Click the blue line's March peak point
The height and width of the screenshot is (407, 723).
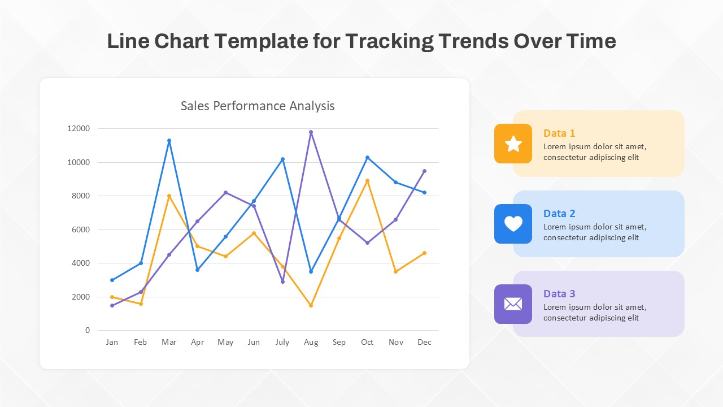click(169, 140)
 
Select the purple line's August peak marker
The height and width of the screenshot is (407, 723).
click(311, 132)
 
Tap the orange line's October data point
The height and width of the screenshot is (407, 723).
click(367, 181)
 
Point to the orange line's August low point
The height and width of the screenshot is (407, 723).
click(311, 305)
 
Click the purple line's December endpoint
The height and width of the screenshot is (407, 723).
click(424, 171)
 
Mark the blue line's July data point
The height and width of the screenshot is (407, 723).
click(282, 159)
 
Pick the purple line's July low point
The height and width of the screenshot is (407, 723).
click(282, 282)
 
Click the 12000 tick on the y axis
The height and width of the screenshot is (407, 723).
click(79, 128)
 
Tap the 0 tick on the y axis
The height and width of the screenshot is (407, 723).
click(87, 330)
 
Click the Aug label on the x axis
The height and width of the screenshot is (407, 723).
click(311, 342)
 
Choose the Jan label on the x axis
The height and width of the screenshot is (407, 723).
click(112, 342)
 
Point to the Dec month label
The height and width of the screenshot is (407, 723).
click(424, 342)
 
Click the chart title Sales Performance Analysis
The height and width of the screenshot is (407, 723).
click(258, 106)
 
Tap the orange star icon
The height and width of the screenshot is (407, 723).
click(513, 144)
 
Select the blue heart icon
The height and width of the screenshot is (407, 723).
click(513, 224)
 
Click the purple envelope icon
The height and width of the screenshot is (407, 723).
click(513, 304)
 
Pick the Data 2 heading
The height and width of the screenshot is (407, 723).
click(559, 214)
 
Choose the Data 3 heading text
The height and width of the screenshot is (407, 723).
click(559, 294)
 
